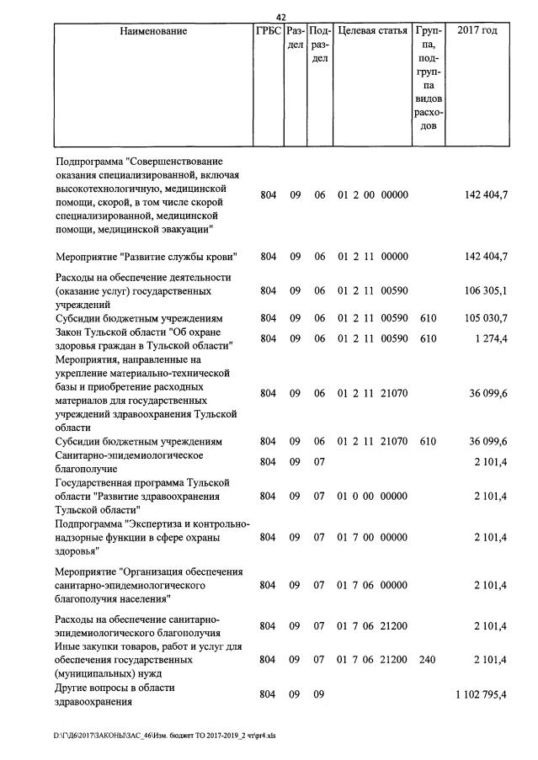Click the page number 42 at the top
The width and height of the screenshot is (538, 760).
point(281,16)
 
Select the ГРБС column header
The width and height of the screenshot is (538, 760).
point(268,31)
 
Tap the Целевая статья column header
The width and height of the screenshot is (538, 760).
point(372,31)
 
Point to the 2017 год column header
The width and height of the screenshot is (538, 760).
point(477,31)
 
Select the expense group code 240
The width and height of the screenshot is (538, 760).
point(428,660)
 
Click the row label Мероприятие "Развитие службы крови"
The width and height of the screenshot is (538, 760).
point(146,257)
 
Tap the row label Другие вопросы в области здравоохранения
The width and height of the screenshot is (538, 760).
point(115,694)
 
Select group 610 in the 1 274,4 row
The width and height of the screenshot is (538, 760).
point(428,338)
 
